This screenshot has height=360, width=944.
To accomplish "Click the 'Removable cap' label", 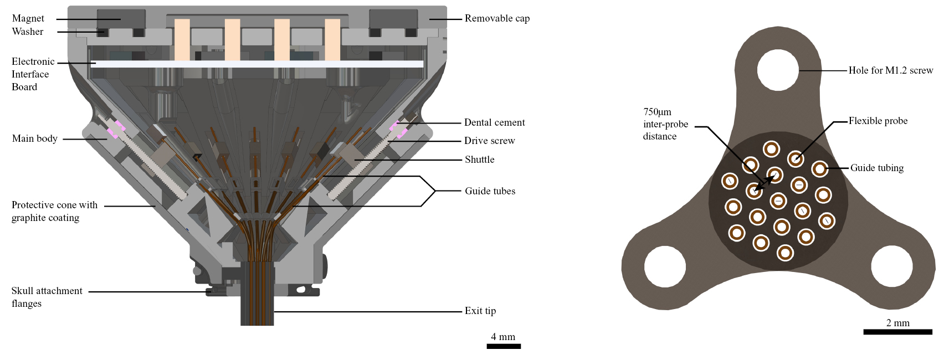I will (x=497, y=18).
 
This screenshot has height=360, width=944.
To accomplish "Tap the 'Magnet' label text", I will (x=28, y=18).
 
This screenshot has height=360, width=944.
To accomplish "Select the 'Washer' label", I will (x=27, y=32).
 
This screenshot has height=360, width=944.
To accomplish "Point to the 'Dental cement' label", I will (x=494, y=122).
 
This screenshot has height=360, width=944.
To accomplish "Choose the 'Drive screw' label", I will (x=489, y=141).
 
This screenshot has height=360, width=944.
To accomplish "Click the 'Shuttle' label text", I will (x=479, y=160).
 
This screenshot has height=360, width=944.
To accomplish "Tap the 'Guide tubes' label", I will (x=490, y=191).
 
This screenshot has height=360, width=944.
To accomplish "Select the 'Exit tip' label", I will (x=480, y=311).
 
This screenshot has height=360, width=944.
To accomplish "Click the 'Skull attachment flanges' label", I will (x=47, y=297).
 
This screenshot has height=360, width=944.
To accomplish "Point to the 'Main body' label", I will (x=34, y=138).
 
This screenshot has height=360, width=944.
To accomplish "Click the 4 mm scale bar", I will (x=503, y=346).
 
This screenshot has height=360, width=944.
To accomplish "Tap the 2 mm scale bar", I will (x=897, y=332).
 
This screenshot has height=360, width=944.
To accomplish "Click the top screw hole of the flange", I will (x=778, y=70).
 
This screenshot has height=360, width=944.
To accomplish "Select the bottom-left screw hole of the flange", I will (x=665, y=266).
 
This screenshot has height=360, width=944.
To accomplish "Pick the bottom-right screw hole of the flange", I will (x=891, y=266).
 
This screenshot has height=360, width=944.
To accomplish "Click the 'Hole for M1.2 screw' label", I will (x=890, y=70).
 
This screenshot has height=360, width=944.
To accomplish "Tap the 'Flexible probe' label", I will (x=878, y=121).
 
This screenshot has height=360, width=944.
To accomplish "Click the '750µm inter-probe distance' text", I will (x=665, y=124).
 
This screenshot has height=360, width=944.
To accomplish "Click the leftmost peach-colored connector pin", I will (x=182, y=39).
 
